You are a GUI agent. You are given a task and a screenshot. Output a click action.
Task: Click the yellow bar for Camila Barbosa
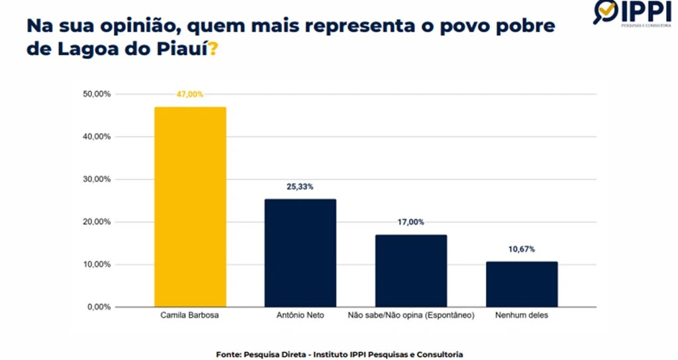190,206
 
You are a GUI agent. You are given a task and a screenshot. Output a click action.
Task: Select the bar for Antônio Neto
301,253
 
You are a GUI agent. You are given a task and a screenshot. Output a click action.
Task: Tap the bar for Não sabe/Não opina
411,271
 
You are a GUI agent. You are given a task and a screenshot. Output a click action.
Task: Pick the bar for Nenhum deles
522,284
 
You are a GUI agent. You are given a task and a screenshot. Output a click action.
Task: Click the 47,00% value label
190,95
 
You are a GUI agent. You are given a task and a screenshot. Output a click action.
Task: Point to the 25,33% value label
301,187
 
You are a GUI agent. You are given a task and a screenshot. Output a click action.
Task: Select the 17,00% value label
411,222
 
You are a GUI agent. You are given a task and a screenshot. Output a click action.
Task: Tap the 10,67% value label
521,249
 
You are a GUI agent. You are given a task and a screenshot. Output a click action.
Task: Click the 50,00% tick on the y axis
97,94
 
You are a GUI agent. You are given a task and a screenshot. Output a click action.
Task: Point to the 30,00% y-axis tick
97,179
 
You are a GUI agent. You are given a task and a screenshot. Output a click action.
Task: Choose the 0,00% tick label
99,307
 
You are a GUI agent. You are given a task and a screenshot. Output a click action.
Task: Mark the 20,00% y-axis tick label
97,222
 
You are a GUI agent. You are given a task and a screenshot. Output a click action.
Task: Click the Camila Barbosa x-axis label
189,316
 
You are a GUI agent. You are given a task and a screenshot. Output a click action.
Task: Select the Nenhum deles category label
521,316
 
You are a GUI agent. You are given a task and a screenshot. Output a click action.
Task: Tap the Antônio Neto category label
300,316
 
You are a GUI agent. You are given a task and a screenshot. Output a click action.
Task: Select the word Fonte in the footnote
228,354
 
